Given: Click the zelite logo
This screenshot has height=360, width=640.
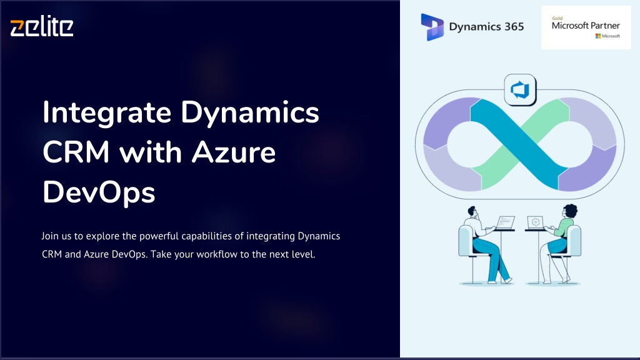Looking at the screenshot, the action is [42, 26].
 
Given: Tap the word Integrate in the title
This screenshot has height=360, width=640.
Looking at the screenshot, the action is [107, 113].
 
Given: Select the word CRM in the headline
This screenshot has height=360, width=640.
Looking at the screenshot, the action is [76, 152].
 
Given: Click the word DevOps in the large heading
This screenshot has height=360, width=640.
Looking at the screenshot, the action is [99, 192].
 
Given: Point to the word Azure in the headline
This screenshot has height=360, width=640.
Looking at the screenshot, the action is [234, 152].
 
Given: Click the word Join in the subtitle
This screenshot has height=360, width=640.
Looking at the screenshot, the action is [50, 236].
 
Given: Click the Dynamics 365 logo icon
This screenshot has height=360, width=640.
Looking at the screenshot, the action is [432, 27].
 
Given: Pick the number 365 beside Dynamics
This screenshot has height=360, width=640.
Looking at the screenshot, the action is [514, 27].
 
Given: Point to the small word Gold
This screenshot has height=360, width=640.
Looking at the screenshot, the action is [557, 18].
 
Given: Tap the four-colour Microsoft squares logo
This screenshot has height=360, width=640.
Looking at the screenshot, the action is [598, 36].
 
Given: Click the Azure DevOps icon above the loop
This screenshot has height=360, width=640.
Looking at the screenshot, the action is [520, 90].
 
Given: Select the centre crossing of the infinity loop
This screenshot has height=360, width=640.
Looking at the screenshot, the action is [519, 144].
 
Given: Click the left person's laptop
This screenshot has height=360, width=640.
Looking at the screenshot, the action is [505, 223].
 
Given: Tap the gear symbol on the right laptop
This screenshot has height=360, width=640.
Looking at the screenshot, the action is [536, 222].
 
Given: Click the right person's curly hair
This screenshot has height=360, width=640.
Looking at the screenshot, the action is [571, 211].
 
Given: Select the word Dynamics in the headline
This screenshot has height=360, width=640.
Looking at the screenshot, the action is [250, 113].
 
